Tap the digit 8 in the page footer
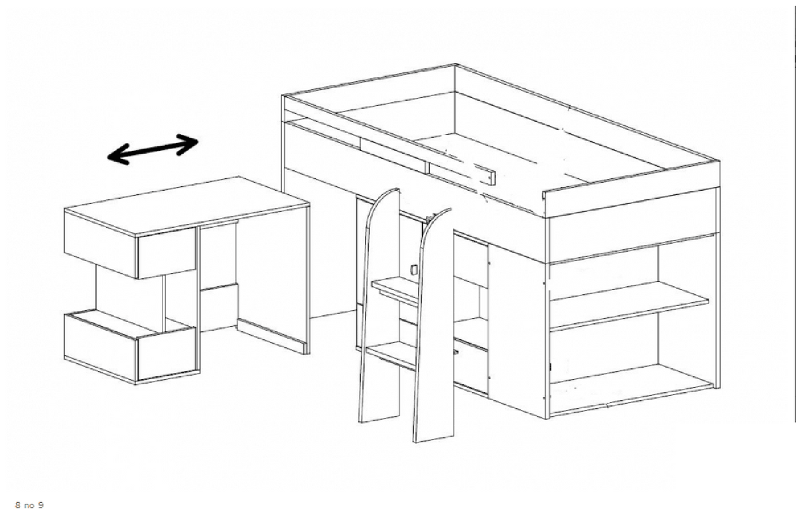pos(18,505)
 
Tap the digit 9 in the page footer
pos(40,505)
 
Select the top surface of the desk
pos(186,206)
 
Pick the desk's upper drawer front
pos(166,252)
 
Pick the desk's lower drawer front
pos(166,353)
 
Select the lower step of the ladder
pos(391,355)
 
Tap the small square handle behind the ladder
pos(414,270)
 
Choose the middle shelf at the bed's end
pos(629,306)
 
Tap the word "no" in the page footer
pos(29,506)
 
